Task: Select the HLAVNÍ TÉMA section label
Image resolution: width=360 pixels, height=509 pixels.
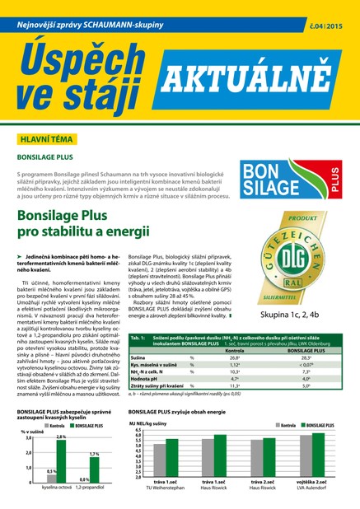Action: pos(39,141)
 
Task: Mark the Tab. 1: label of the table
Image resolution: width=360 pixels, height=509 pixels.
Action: pos(138,339)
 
